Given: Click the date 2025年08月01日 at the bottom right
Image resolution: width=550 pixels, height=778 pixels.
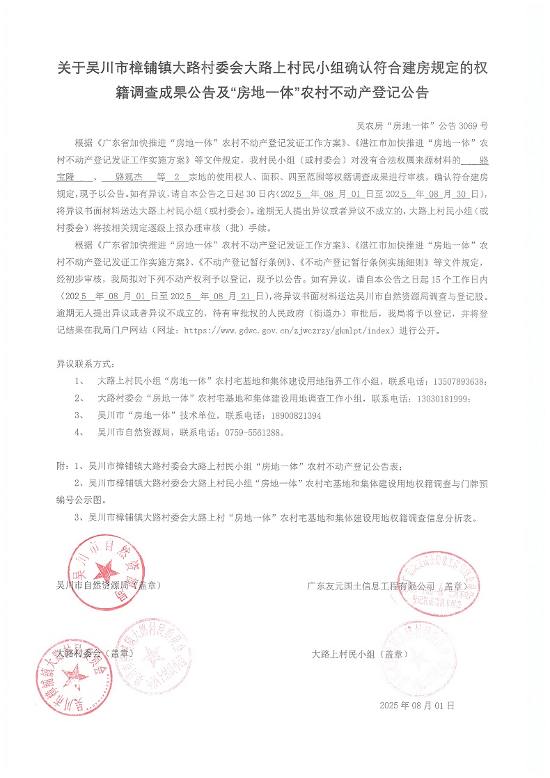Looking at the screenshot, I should click(417, 705).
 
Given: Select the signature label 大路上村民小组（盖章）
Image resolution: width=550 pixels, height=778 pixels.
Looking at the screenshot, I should click(361, 654).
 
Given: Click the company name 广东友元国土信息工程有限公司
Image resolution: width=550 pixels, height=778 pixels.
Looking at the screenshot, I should click(371, 586).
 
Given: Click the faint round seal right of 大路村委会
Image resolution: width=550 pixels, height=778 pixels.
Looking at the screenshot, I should click(150, 653).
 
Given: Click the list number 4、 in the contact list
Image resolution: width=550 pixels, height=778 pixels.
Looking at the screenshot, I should click(80, 432).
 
